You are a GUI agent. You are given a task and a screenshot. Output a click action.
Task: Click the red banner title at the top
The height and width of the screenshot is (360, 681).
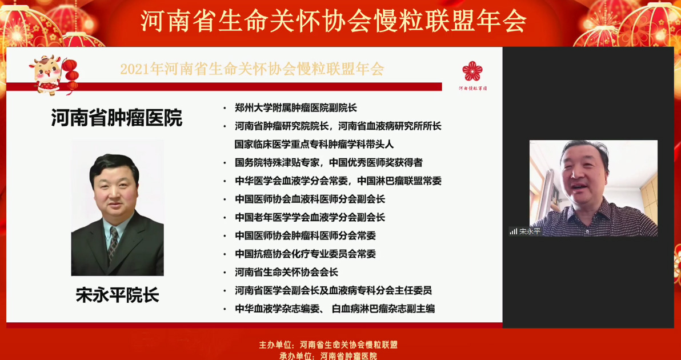click(333, 21)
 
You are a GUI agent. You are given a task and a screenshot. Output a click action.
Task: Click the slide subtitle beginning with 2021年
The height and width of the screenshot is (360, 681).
click(252, 70)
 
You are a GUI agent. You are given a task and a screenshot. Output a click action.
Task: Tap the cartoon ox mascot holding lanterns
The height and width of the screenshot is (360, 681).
click(53, 74)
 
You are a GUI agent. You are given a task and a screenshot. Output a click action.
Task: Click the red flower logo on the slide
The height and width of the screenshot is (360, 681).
click(472, 71)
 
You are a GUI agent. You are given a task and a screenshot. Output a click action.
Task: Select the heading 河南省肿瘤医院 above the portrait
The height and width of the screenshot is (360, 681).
click(117, 118)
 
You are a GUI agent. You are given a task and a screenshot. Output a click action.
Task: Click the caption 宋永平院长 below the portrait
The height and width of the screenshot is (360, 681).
click(117, 295)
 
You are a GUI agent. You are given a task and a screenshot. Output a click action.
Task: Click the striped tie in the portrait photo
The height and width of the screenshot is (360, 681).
click(113, 243)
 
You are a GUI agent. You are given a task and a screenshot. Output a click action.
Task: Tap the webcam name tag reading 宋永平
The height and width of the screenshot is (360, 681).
click(530, 231)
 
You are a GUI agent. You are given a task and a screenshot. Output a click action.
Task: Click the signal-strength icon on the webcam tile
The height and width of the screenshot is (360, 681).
click(514, 231)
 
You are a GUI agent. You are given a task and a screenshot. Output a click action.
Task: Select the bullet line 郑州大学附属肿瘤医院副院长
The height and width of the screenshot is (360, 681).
click(295, 108)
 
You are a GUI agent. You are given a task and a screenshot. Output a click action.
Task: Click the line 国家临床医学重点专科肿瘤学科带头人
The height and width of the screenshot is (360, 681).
click(314, 144)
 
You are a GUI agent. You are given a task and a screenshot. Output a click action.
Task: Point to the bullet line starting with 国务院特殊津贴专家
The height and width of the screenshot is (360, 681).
click(329, 163)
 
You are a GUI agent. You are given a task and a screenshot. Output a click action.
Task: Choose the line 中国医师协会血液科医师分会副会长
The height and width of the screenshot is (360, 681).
click(310, 199)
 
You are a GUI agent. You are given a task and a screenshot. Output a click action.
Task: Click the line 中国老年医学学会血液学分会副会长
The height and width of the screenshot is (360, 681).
click(310, 217)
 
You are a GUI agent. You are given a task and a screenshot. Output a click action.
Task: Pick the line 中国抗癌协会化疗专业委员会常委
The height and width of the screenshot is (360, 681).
click(305, 254)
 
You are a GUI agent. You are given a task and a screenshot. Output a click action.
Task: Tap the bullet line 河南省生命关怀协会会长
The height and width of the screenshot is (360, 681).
click(286, 273)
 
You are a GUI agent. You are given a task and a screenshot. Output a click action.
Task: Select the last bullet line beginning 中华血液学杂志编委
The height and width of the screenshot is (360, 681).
click(334, 309)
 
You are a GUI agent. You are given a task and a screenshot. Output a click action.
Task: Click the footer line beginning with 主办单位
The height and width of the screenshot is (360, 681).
click(329, 345)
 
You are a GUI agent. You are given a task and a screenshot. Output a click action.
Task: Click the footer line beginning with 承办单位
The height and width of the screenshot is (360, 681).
click(329, 356)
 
